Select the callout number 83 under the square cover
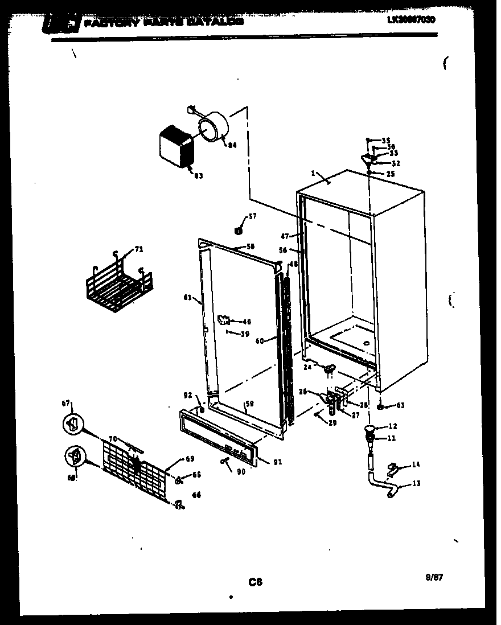(x=198, y=176)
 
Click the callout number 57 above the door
(x=252, y=217)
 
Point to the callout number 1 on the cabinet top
(x=313, y=173)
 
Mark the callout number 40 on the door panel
(x=247, y=322)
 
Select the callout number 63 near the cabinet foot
(x=400, y=406)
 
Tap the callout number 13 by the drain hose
(x=416, y=484)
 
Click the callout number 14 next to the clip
(x=416, y=464)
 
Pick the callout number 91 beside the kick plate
(x=277, y=462)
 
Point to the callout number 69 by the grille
(x=190, y=459)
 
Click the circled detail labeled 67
(x=72, y=423)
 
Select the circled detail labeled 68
(x=74, y=457)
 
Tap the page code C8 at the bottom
(x=255, y=582)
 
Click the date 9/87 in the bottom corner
(x=434, y=577)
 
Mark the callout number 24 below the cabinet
(x=307, y=367)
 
